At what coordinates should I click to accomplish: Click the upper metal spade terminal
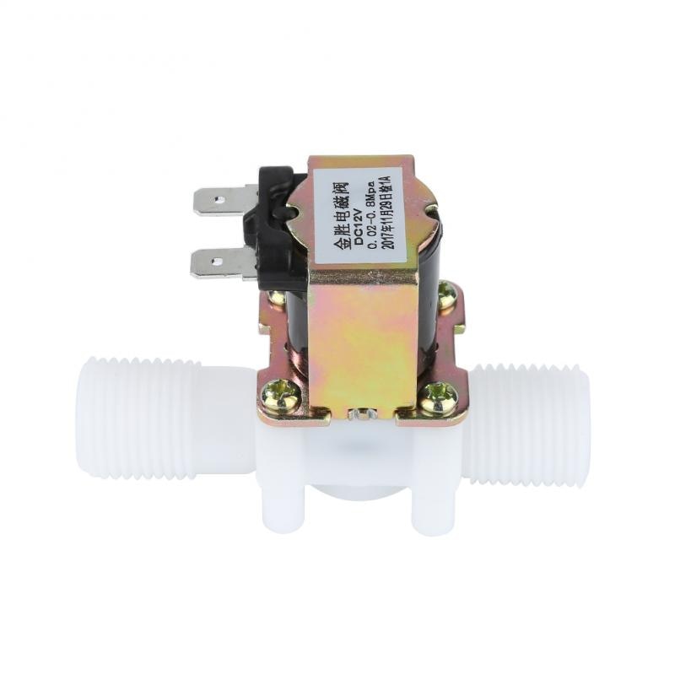[221, 201]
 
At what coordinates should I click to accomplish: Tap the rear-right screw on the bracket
[446, 295]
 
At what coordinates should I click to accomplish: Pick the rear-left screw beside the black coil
[278, 298]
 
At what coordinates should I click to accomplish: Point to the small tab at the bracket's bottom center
[363, 413]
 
